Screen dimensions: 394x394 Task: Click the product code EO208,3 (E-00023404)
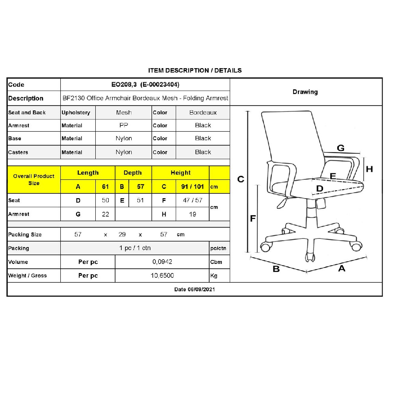tap(145, 84)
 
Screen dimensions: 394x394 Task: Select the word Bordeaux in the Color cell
tap(203, 113)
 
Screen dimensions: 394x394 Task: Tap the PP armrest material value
tap(124, 125)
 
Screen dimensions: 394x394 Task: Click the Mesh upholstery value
tap(124, 113)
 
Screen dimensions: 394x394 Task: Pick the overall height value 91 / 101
tap(193, 186)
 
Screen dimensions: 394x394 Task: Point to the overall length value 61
tap(105, 186)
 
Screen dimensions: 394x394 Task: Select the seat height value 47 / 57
tap(193, 200)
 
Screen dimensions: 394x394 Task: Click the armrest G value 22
tap(105, 214)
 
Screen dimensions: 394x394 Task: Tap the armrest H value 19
tap(193, 214)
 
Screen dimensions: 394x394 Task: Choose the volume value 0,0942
tap(162, 262)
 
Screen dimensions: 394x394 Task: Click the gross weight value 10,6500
tap(162, 276)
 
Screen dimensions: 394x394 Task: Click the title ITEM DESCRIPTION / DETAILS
tap(195, 71)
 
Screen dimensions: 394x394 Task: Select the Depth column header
tap(133, 173)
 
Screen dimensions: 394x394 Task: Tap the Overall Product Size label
tap(33, 179)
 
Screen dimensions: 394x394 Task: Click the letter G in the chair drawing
tap(340, 148)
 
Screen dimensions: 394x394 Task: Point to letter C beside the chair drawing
tap(240, 179)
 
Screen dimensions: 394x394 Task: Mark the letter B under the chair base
tap(276, 269)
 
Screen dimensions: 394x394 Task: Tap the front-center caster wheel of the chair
tap(310, 257)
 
